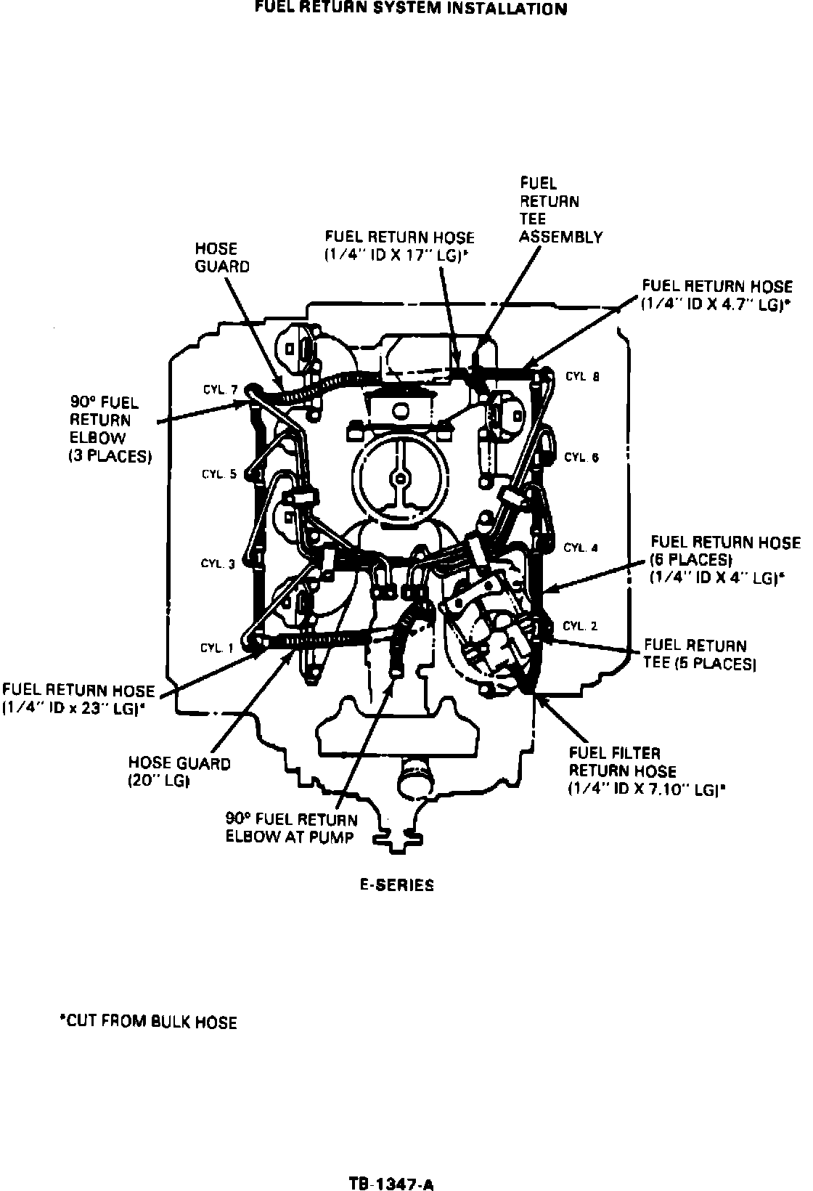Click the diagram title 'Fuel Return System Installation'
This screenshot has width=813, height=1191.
(x=411, y=9)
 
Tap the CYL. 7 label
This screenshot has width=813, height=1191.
(x=220, y=390)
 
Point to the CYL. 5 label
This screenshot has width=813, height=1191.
(x=219, y=474)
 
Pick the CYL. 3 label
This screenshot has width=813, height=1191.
(x=218, y=564)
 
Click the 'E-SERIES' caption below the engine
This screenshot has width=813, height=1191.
(x=398, y=885)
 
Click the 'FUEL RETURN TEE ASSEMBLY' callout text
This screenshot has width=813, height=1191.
(x=560, y=211)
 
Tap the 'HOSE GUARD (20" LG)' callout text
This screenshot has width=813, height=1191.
(x=179, y=772)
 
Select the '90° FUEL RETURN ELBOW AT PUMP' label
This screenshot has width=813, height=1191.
(x=291, y=828)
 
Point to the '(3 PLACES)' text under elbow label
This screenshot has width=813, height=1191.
(x=110, y=456)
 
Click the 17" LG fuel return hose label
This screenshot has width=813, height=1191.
(x=399, y=246)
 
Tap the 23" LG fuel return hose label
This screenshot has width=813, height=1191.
(x=78, y=699)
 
